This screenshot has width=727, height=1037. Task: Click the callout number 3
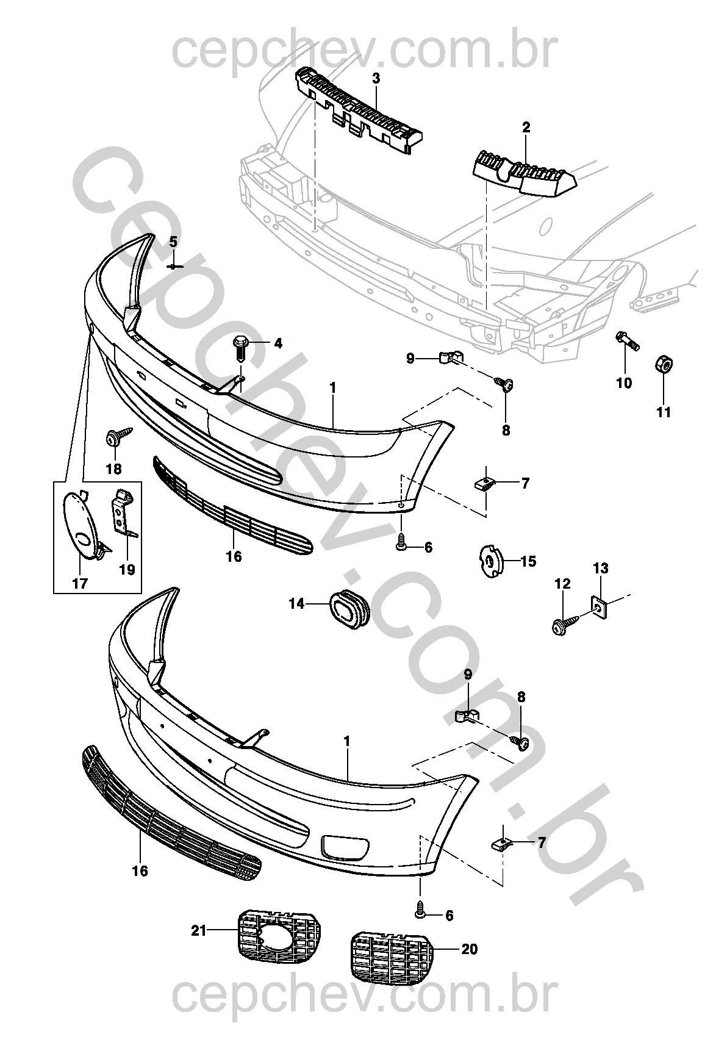[376, 79]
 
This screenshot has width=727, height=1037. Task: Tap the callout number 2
[526, 127]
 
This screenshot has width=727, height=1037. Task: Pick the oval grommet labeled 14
[349, 608]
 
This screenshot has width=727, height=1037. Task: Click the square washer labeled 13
[600, 608]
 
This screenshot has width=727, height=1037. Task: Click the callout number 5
[173, 242]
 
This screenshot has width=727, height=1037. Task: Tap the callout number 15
[528, 561]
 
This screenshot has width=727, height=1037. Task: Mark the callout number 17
[80, 583]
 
